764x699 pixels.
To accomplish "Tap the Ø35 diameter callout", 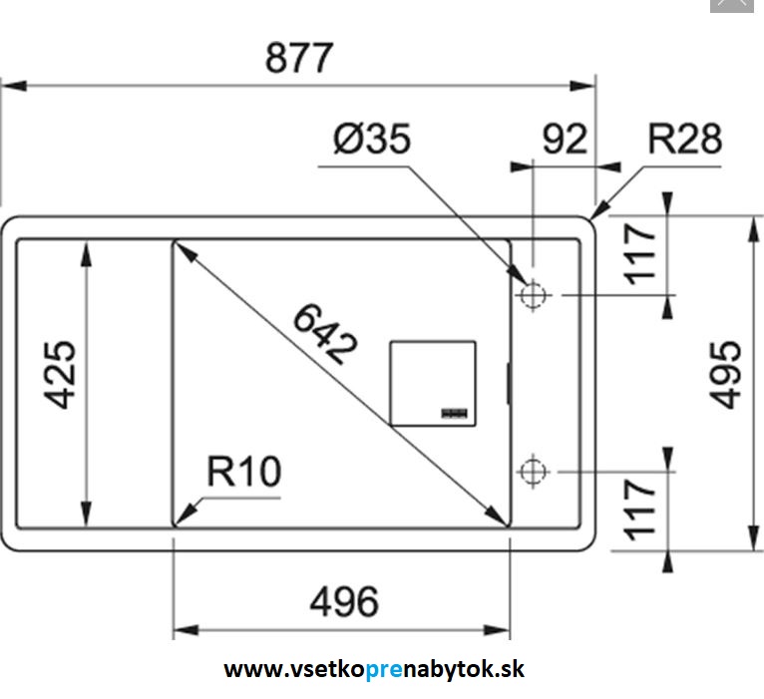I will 371,140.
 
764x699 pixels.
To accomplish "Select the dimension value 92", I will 565,140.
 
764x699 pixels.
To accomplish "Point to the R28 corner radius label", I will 684,139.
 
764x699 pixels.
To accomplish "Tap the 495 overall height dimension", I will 726,375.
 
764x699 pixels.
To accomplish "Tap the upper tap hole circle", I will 532,296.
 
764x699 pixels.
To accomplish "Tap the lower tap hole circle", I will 532,469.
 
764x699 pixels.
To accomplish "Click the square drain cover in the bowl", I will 432,383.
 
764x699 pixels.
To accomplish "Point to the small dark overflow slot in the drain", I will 455,411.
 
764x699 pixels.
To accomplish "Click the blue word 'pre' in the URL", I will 383,670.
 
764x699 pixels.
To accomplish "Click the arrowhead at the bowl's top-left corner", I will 181,247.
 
